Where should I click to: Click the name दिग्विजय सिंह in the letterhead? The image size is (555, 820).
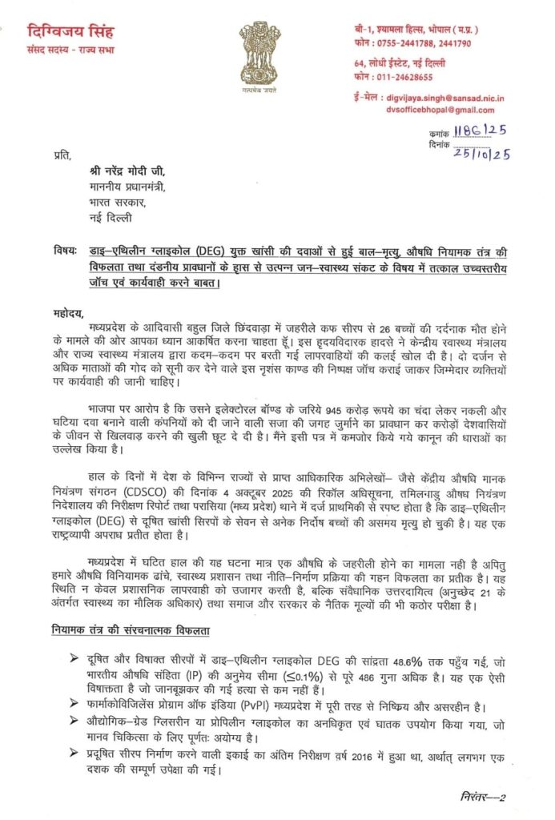[71, 33]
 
